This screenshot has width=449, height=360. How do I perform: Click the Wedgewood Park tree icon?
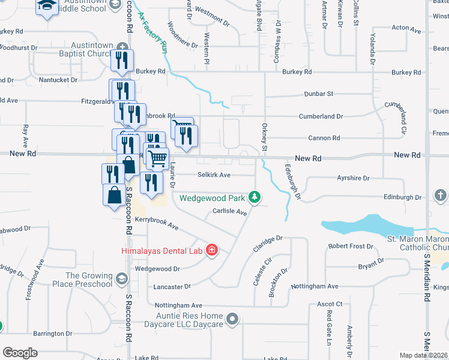point(255,197)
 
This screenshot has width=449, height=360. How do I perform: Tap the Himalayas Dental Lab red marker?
point(211,250)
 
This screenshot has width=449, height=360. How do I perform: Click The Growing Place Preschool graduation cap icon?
point(122,278)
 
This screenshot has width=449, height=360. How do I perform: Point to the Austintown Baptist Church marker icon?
point(123,46)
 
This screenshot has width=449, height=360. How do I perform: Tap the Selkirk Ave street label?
point(214,175)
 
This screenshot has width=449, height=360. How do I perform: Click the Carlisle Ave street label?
point(230,212)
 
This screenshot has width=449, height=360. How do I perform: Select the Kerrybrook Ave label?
point(157,224)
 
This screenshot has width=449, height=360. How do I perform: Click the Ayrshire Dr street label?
point(353,179)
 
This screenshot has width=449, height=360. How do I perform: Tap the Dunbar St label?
point(318,94)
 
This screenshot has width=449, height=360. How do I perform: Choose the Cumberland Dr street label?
point(323,116)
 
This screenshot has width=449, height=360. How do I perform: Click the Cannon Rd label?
point(324,138)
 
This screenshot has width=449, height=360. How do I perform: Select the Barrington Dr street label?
point(53,334)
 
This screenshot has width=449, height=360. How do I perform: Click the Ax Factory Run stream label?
point(152,35)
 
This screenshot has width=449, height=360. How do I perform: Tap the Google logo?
point(20,353)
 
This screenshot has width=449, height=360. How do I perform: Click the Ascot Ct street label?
point(330,305)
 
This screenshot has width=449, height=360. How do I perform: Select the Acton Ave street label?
point(407,28)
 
